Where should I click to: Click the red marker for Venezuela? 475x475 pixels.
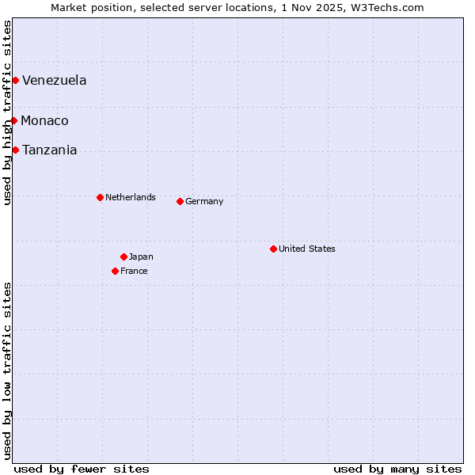coord(15,80)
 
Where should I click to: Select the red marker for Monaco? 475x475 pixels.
coord(14,120)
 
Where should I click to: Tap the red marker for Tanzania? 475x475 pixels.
coord(15,150)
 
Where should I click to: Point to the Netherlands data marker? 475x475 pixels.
coord(100,197)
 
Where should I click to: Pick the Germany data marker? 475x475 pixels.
coord(180,201)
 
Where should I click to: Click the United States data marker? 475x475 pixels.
coord(273,249)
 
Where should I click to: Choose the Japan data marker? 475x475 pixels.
coord(123,256)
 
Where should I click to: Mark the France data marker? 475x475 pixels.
coord(115,271)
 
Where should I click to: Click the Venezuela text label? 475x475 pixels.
coord(54,80)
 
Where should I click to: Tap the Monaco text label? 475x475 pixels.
coord(44,120)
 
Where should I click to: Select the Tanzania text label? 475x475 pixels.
coord(49,150)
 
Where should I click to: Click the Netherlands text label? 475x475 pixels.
coord(131,197)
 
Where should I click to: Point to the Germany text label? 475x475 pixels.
coord(204,201)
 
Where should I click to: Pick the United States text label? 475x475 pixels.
coord(307,249)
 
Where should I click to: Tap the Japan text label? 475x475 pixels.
coord(141,256)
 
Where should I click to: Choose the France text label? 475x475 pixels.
coord(134,271)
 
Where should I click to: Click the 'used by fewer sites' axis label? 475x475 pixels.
coord(82,469)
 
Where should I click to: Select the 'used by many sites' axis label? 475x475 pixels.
coord(397,469)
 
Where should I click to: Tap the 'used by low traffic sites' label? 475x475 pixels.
coord(7,370)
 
